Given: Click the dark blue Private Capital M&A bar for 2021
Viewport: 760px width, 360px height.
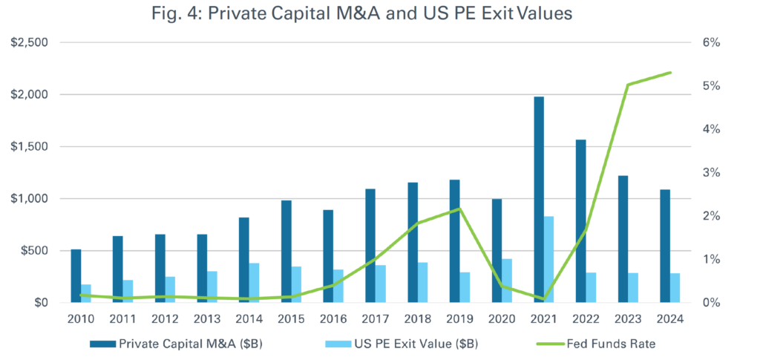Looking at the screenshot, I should [x=539, y=200].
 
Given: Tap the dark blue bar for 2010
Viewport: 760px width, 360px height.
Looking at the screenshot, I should [x=76, y=276].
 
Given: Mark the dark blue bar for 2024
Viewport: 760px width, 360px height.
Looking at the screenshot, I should [x=665, y=246].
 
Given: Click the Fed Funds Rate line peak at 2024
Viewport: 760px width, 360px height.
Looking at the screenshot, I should [x=671, y=73].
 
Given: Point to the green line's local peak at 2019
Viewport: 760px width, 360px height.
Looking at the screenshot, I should [x=460, y=209].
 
